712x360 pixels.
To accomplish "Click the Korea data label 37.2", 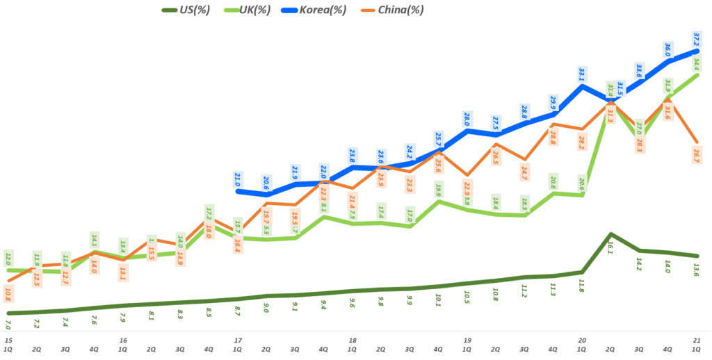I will click(697, 40).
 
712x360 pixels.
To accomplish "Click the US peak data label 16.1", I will click(610, 248).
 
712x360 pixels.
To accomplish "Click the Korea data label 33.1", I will click(582, 74).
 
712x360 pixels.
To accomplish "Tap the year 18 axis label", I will click(353, 341).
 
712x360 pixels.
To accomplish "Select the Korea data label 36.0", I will click(668, 50).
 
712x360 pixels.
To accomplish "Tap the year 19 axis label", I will click(467, 341).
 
